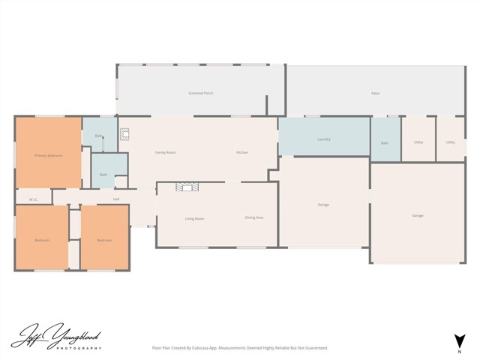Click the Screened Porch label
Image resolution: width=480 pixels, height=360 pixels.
tap(201, 93)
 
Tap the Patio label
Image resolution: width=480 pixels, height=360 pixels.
tap(375, 93)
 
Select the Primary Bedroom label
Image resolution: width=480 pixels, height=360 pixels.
tap(48, 155)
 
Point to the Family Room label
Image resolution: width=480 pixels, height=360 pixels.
tap(165, 152)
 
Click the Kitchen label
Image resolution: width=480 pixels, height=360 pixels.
tap(241, 152)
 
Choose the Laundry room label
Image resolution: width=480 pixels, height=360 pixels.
tap(324, 139)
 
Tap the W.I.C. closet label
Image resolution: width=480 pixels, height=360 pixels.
tap(34, 199)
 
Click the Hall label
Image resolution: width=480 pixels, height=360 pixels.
tap(116, 199)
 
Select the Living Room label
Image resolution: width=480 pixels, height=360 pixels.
tap(195, 218)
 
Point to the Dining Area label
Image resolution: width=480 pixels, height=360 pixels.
tap(253, 217)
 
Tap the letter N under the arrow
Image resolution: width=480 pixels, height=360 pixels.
tap(458, 350)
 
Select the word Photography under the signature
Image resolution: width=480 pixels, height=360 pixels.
tap(81, 348)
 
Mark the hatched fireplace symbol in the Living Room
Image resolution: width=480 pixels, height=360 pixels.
tap(185, 187)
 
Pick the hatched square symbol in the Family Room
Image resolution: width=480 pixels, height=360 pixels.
tap(125, 136)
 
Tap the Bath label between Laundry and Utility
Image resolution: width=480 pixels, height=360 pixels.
tap(385, 142)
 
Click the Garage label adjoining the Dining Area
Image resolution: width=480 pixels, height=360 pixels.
tap(323, 205)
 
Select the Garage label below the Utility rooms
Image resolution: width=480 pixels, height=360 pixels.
tap(417, 215)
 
